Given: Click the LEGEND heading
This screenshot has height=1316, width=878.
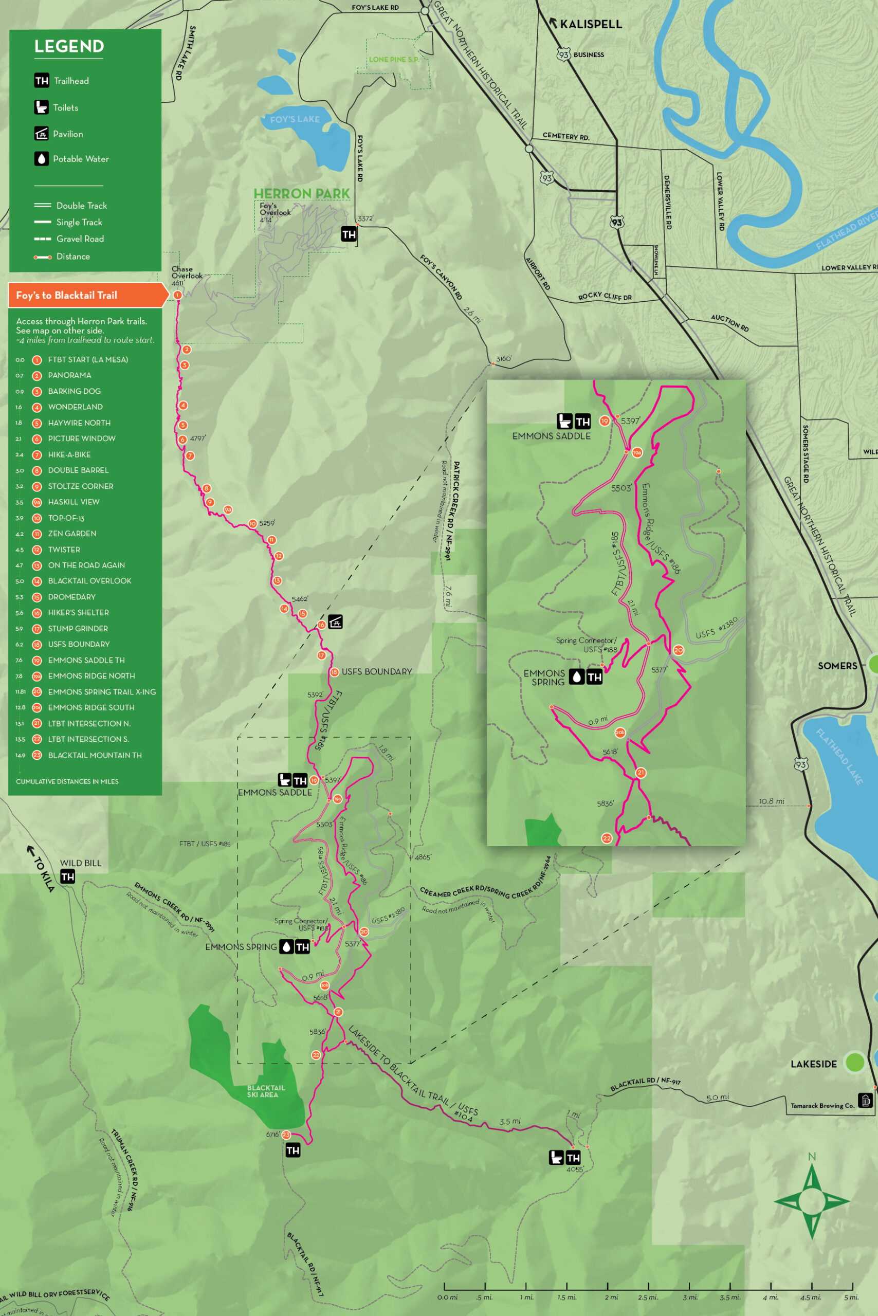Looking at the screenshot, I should [69, 46].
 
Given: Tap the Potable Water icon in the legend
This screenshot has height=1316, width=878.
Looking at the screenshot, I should [42, 159].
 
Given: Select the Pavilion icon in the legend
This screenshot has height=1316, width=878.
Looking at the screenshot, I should [42, 133].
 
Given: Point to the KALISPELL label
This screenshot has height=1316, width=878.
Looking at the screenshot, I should [591, 25].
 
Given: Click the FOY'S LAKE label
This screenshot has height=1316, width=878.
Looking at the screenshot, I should [295, 119].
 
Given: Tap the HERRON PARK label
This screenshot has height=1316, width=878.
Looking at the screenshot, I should [301, 194].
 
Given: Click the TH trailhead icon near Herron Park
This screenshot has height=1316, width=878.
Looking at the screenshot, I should [349, 234].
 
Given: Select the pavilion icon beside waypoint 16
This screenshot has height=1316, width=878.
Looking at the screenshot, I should [335, 622].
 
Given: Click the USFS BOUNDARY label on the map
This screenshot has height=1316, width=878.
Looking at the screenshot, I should [376, 671].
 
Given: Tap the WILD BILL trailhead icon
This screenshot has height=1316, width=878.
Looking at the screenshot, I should [68, 877].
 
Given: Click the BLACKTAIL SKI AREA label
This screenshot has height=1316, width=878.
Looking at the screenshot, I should [266, 1091].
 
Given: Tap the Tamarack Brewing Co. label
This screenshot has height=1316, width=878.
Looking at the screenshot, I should [822, 1105].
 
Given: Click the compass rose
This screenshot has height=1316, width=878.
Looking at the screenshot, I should [811, 1201].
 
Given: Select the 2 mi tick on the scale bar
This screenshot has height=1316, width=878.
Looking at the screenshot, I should [608, 1287].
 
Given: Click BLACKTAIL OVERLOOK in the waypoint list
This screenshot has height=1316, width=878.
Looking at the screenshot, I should [89, 581].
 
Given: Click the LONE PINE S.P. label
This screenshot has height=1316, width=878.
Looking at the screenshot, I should [394, 59].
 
